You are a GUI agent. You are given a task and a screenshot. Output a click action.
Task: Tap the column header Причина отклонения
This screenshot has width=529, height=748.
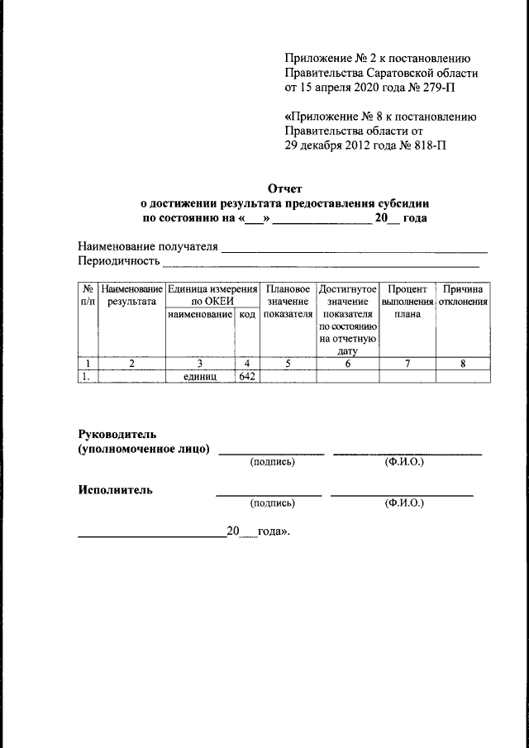click(462, 296)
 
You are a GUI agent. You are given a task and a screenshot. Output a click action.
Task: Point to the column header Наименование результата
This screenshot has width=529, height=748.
click(131, 296)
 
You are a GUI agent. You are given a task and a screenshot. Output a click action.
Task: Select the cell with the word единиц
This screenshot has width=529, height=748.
click(199, 376)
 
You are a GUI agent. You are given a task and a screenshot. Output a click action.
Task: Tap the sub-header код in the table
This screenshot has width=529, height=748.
click(247, 315)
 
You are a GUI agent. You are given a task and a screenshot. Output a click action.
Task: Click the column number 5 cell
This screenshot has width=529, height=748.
click(288, 363)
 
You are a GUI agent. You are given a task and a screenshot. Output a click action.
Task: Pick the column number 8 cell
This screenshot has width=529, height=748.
click(462, 363)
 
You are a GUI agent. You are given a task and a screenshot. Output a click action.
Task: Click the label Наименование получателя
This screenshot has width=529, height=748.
click(147, 246)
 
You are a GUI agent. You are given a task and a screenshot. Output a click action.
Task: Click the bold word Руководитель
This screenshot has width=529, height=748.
click(117, 434)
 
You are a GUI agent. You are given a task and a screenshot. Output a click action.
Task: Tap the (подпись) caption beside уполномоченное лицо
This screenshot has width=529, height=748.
click(272, 462)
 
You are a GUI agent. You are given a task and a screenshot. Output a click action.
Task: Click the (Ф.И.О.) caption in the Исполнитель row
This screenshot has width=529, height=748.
click(403, 503)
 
